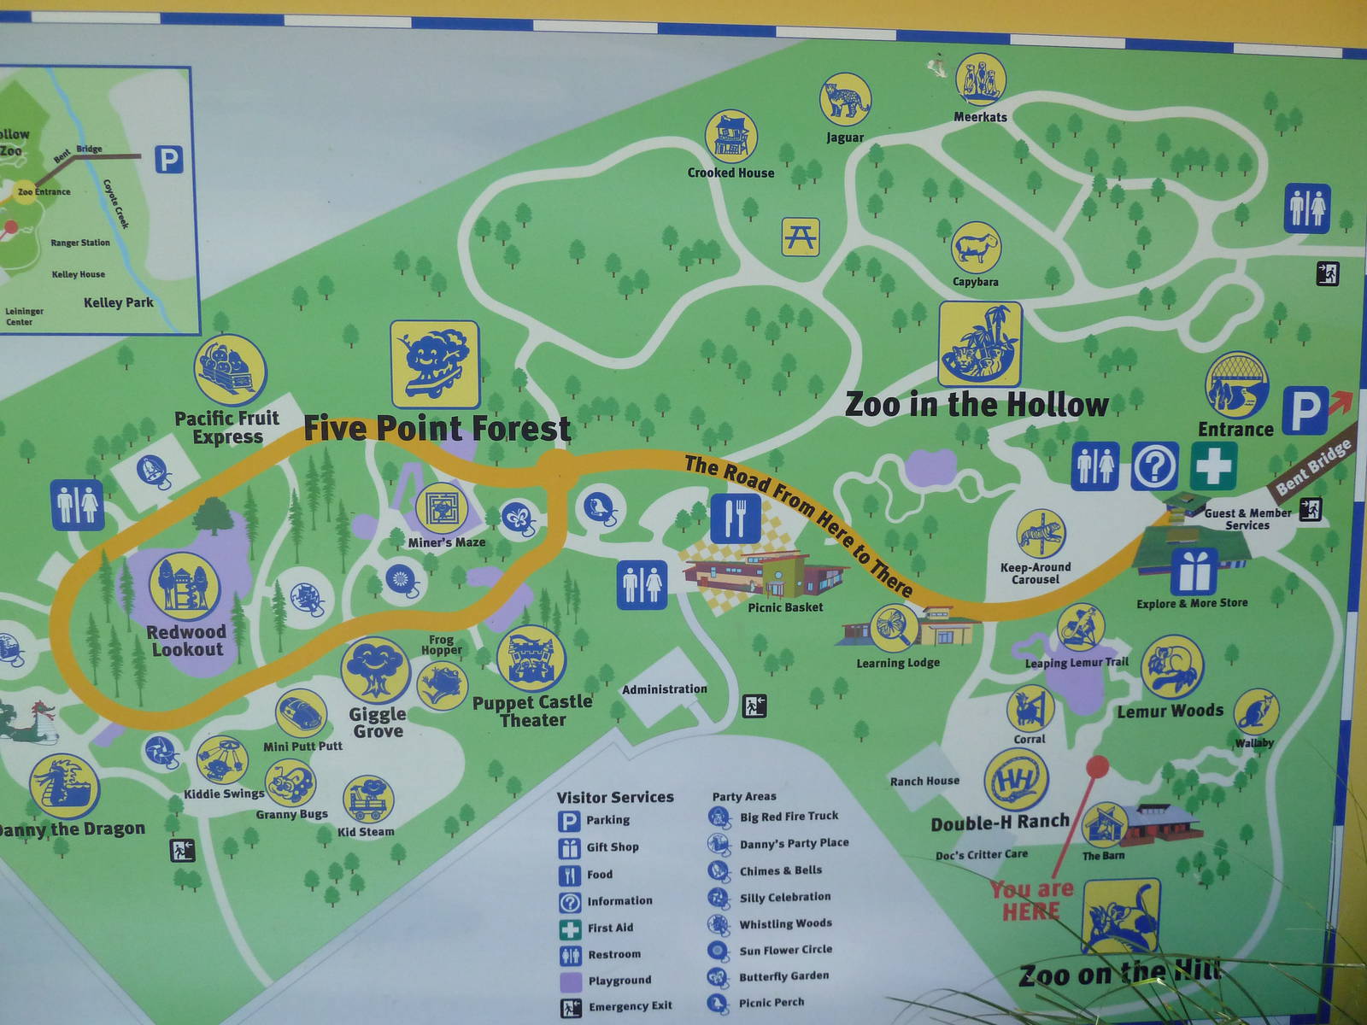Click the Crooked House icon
pos(731,136)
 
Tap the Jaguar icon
pos(845,99)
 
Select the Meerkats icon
pos(980,79)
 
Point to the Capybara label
pos(975,282)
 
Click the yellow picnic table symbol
pos(801,237)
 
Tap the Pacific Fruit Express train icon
pos(230,370)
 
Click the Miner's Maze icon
pos(443,509)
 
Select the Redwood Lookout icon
pos(185,587)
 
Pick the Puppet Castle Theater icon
pos(531,659)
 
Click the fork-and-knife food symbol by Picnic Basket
pos(735,518)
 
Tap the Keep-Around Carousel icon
pos(1041,534)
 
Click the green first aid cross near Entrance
pos(1212,466)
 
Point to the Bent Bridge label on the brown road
pos(1314,466)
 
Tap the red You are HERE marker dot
pos(1097,765)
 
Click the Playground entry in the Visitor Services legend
pos(619,981)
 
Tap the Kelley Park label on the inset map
pos(119,302)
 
